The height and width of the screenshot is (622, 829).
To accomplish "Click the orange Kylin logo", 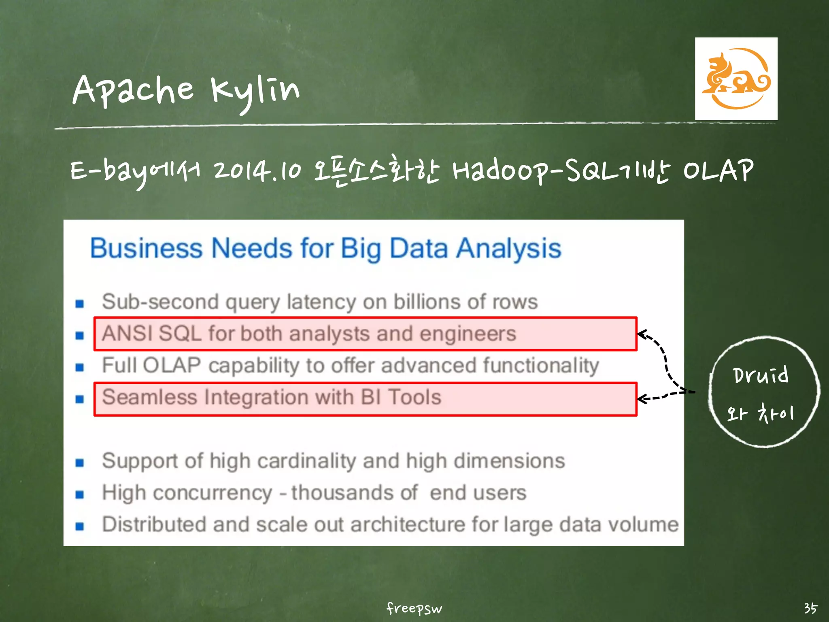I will [736, 79].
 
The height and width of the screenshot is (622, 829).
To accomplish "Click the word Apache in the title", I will [133, 90].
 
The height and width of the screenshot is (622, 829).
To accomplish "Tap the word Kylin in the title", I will [255, 91].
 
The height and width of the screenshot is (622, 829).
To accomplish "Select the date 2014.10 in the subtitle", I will [257, 170].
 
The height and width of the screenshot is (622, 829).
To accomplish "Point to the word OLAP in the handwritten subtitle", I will [718, 170].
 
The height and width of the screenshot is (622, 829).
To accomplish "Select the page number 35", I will [810, 608].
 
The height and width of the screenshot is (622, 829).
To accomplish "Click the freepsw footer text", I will [414, 608].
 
